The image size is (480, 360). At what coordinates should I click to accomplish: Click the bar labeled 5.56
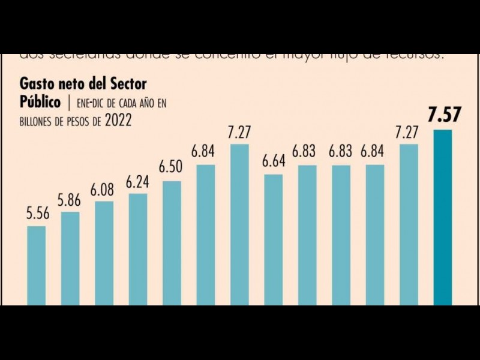[37, 265]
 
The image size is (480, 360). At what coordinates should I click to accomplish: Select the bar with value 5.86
[70, 258]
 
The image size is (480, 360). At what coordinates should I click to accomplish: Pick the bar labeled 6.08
[104, 253]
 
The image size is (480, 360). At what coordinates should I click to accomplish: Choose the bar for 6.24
[137, 249]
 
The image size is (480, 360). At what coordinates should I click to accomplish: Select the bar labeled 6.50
[172, 243]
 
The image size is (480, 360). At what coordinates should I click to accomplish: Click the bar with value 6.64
[273, 239]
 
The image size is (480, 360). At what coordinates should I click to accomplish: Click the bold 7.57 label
[444, 115]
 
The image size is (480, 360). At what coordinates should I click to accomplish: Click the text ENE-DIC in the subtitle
[92, 103]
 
